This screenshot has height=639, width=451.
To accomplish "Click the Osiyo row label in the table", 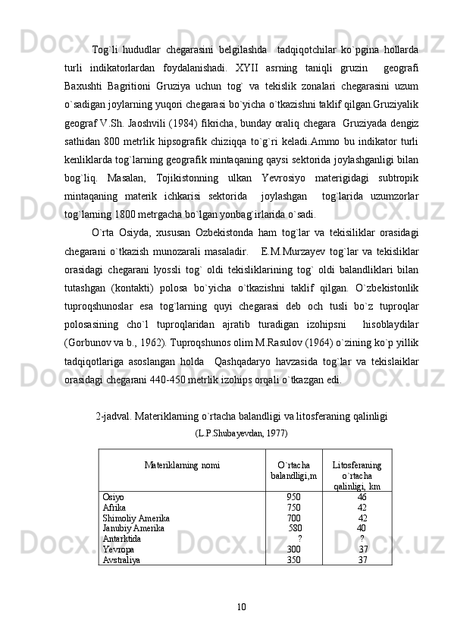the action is click(114, 496).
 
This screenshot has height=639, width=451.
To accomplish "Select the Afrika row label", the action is click(114, 507).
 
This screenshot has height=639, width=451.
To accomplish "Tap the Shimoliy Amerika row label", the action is click(136, 518).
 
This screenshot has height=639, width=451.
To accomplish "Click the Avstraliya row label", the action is click(122, 559).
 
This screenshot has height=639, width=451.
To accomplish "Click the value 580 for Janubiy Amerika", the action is click(295, 527).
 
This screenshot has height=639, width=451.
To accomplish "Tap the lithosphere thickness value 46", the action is click(362, 496).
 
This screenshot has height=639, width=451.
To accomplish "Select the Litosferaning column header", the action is click(357, 464).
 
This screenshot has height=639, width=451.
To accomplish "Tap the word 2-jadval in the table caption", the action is click(112, 416).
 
